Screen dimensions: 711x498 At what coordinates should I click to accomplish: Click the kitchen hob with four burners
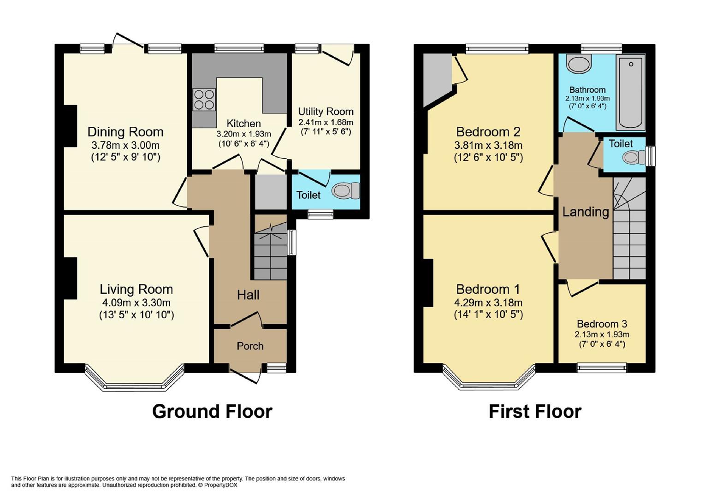pos(204,100)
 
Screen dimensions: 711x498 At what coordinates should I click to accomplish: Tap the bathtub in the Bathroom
pos(631,92)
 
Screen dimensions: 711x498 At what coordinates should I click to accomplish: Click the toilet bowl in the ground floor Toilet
pos(346,191)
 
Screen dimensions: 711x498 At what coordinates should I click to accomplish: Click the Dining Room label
pos(125,132)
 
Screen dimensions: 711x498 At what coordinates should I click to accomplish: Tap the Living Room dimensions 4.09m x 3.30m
pos(136,302)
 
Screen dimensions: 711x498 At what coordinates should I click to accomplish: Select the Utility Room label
pos(326,112)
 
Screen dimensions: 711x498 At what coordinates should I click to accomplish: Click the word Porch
pos(250,346)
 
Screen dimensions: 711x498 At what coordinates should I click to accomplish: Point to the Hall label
pos(248,295)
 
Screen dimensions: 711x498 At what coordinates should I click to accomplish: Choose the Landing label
pos(586,212)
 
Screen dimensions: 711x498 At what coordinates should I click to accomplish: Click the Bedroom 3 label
pos(602,324)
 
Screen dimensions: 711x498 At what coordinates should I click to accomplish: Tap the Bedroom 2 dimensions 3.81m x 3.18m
pos(488,145)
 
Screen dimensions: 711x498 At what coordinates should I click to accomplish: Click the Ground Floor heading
pos(212,411)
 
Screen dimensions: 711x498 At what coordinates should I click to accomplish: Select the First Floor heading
pos(535,411)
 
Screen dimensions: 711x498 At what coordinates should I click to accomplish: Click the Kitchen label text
pos(243,124)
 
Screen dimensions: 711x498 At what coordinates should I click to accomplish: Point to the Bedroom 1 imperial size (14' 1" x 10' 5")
pos(488,314)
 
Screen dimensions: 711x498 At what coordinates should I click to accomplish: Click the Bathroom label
pos(587,90)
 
